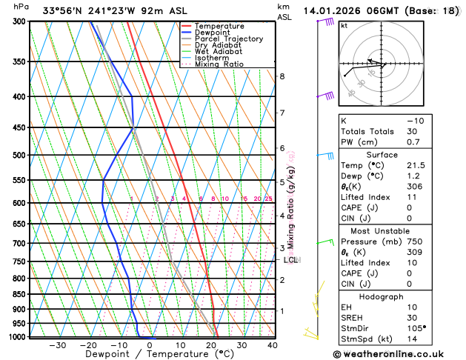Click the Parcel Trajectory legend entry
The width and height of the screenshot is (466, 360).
pos(228,39)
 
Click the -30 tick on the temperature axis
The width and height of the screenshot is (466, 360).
pos(58,345)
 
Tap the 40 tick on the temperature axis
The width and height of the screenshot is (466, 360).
pos(273,345)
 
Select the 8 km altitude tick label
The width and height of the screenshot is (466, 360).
pos(282,76)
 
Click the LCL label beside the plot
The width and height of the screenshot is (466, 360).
pos(291,260)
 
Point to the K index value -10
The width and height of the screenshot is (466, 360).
pos(416,120)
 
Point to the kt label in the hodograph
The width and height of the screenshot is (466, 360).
pos(344,25)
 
